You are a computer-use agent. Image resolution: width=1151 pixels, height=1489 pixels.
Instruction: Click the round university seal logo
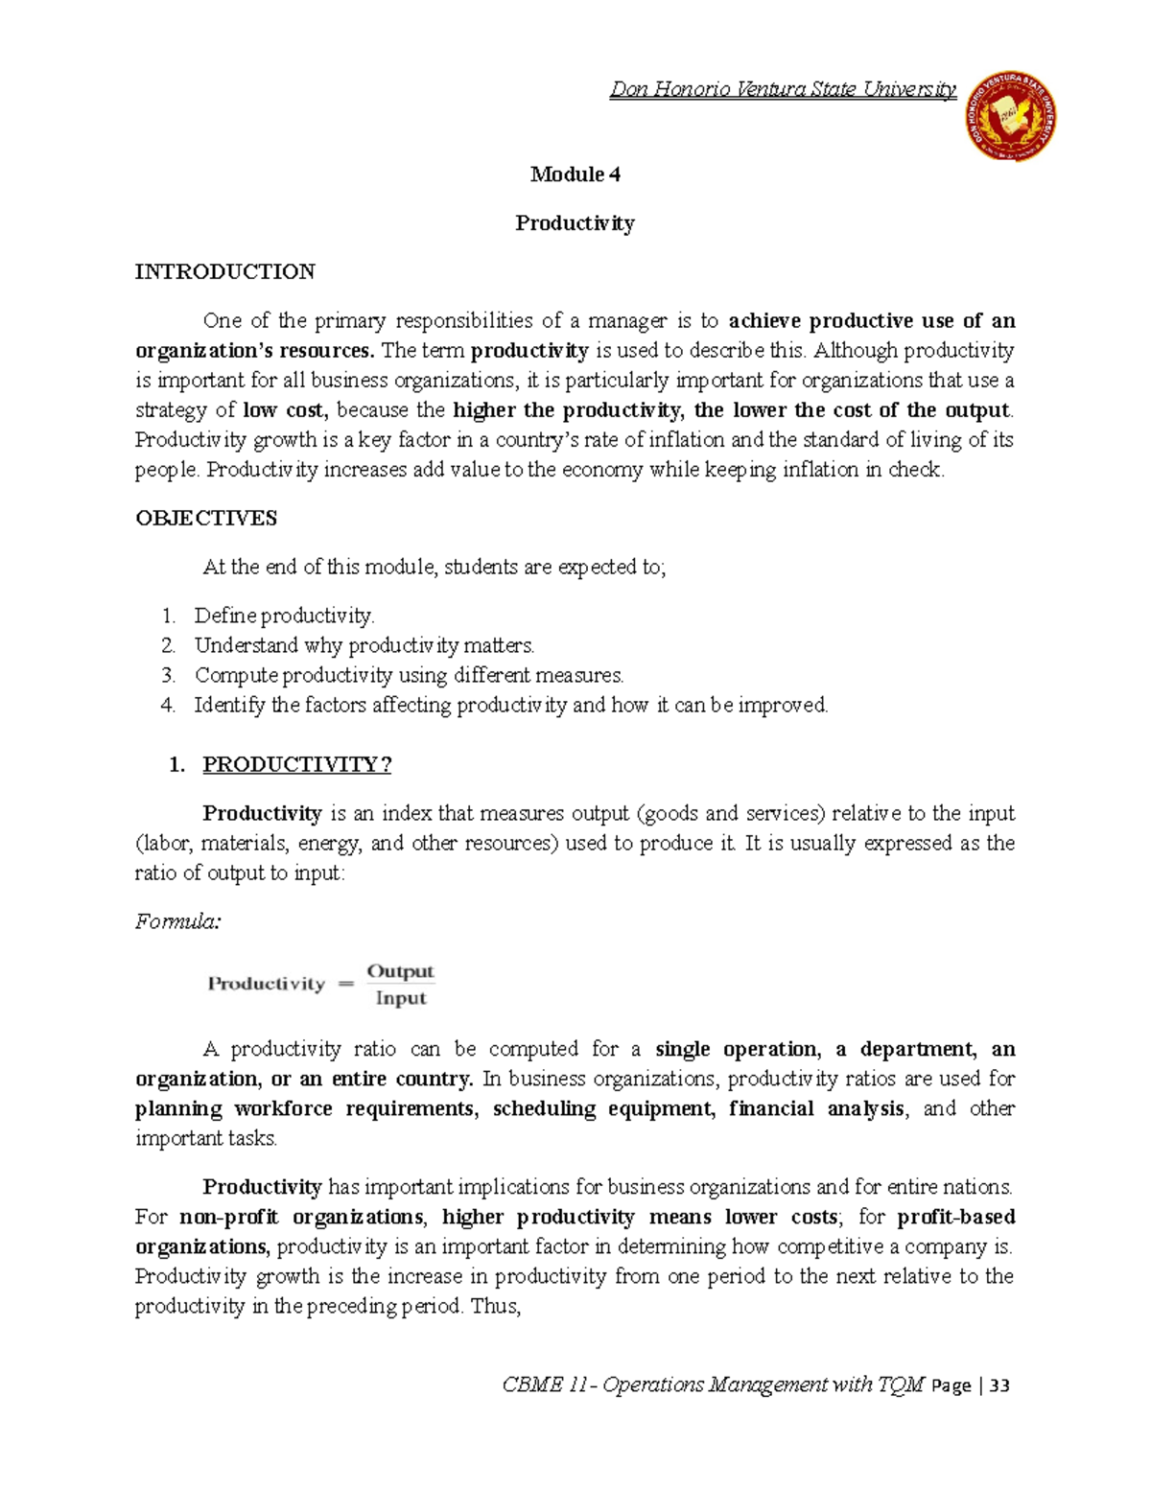(1009, 118)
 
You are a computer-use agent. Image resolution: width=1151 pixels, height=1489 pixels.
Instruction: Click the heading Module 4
(575, 174)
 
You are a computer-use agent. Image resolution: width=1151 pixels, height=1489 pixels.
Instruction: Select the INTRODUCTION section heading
(224, 271)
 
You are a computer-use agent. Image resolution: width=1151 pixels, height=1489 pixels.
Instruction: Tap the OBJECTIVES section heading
(206, 518)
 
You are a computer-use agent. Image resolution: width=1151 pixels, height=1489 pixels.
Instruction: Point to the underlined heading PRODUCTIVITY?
(297, 764)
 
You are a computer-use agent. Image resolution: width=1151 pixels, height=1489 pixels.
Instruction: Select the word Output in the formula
(401, 971)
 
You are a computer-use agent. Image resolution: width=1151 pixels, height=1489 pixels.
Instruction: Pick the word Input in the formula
(401, 998)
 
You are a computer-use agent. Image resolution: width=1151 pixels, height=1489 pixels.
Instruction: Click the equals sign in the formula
(346, 984)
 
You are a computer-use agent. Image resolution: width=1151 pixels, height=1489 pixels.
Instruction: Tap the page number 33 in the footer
(999, 1385)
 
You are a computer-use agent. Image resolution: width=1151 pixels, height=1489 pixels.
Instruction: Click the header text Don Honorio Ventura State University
(783, 90)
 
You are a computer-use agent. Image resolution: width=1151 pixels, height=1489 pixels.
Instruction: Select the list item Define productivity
(284, 616)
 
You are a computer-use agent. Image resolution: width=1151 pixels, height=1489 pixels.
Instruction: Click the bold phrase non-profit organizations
(301, 1217)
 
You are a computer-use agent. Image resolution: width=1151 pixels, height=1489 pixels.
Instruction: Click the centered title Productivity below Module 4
(575, 223)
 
